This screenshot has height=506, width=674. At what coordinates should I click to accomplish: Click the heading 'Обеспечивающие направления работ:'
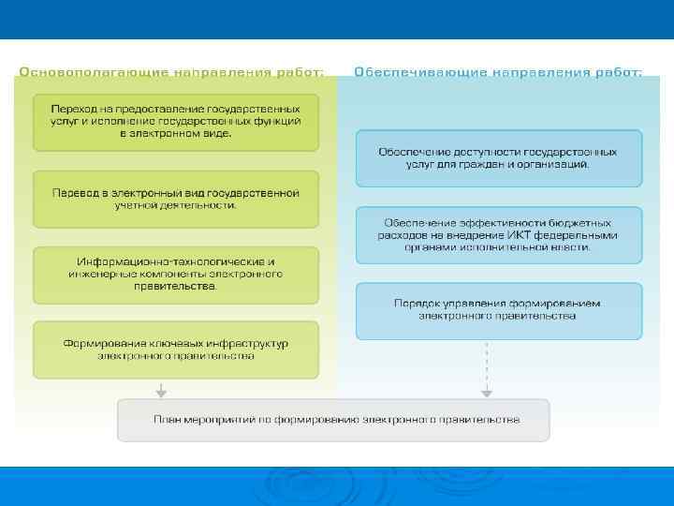coord(498,72)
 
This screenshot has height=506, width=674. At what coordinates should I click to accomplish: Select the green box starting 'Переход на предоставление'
coord(176,122)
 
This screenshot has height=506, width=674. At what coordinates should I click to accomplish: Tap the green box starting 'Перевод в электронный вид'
coord(176,199)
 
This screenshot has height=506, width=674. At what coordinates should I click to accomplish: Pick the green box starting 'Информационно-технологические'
coord(176,274)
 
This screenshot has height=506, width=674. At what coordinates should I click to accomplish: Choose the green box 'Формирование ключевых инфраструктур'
coord(176,350)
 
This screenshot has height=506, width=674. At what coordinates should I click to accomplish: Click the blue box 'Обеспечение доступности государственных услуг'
coord(498,157)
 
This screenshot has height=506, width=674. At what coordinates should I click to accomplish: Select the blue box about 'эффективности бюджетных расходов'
coord(498,234)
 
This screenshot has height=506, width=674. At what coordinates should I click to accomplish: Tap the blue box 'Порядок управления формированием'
coord(498,310)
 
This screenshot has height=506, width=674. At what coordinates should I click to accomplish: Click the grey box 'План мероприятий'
coord(333,420)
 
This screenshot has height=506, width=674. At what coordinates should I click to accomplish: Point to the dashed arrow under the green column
coord(162,388)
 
